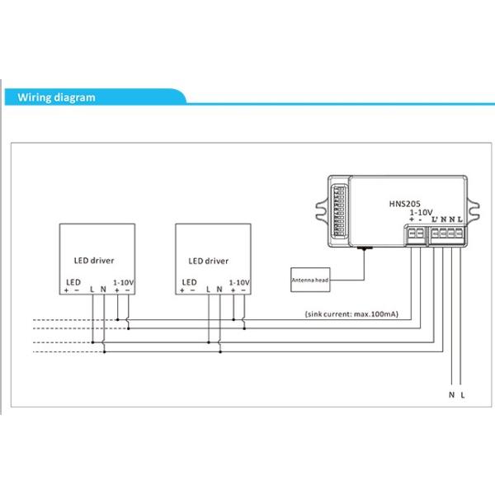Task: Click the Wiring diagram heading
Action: click(x=57, y=97)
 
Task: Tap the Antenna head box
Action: click(x=310, y=280)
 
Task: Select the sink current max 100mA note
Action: click(x=352, y=314)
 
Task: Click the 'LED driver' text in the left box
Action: click(x=95, y=261)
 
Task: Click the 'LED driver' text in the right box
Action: click(x=208, y=261)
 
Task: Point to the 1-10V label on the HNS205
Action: click(x=421, y=212)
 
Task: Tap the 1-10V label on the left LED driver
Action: click(x=122, y=280)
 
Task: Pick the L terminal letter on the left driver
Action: click(x=92, y=289)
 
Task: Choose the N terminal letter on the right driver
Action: click(x=219, y=289)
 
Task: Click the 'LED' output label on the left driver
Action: click(x=73, y=280)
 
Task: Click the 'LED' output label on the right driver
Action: click(x=188, y=280)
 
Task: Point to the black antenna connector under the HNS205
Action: click(x=361, y=248)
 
